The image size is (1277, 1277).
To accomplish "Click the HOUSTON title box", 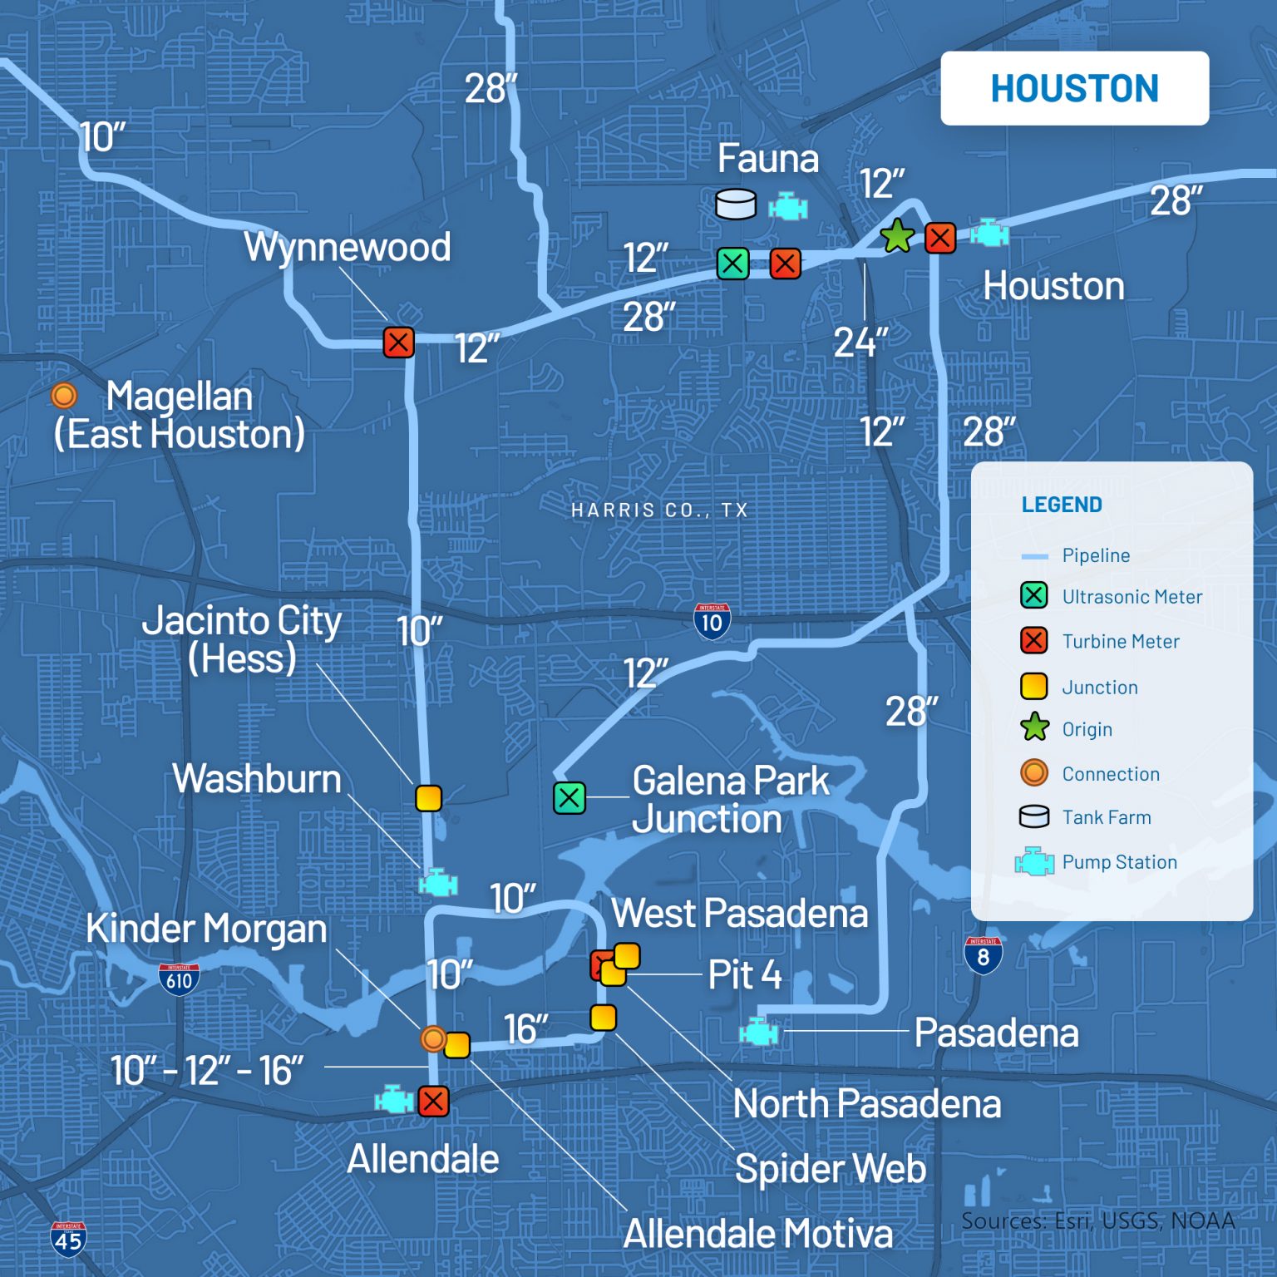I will tap(1074, 88).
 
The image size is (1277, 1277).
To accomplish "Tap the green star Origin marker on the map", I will tap(897, 237).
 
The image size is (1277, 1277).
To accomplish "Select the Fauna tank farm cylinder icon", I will tap(736, 204).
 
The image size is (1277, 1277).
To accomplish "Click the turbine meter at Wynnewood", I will tap(398, 342).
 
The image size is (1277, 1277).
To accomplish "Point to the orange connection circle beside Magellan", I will tap(64, 396).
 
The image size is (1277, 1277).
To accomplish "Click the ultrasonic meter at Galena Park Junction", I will tap(569, 797).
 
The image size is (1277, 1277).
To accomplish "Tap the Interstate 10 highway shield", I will tap(712, 621).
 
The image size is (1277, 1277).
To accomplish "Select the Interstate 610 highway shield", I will tap(179, 979).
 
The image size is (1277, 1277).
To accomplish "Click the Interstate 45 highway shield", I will tap(68, 1238).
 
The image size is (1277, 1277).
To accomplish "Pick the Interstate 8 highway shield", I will tap(983, 955).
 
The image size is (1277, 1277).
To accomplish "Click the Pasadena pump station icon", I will tap(759, 1032).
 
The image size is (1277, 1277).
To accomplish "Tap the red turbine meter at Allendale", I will tap(433, 1102).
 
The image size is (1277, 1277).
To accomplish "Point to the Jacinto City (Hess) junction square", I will tap(428, 797).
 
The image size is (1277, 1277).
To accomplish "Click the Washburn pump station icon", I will tap(438, 882).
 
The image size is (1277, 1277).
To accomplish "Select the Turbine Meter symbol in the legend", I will tap(1033, 641).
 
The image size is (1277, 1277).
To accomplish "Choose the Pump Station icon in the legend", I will tap(1034, 862).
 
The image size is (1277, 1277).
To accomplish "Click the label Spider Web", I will tap(830, 1169).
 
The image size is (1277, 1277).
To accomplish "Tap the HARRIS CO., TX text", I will tap(659, 510).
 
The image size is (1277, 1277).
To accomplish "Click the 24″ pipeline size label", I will tap(860, 342).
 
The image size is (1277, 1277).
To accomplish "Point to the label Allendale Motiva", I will tap(757, 1234).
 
